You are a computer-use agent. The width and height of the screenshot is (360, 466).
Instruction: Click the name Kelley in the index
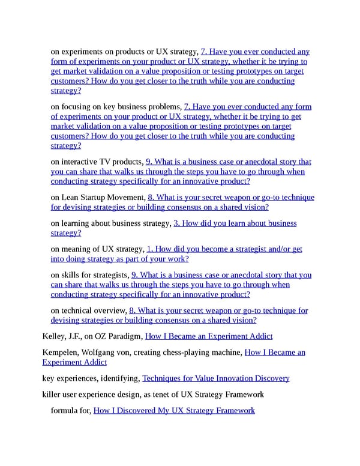[54, 336]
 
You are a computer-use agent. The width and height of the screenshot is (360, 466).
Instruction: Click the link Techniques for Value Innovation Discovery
[216, 378]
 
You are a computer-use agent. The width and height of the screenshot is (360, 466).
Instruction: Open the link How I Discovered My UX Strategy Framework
[174, 410]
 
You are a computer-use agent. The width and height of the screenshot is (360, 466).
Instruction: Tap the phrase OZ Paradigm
[119, 336]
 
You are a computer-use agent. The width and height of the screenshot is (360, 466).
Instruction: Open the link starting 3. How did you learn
[235, 223]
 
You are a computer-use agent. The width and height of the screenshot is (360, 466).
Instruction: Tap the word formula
[64, 410]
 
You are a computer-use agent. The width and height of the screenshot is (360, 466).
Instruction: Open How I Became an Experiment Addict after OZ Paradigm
[209, 336]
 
